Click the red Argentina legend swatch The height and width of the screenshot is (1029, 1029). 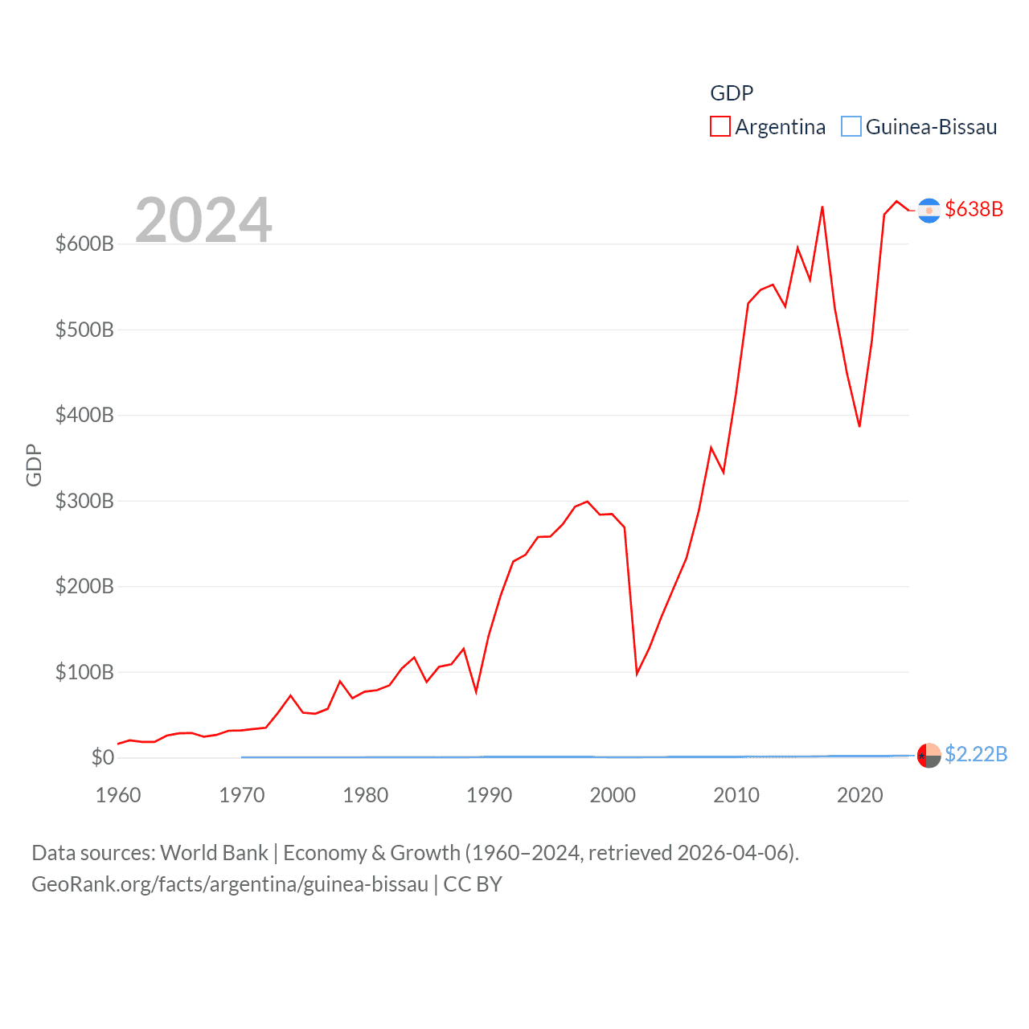(720, 127)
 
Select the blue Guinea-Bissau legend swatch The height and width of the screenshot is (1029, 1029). (851, 127)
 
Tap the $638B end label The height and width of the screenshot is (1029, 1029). (974, 209)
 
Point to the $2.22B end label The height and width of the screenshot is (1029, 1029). (975, 754)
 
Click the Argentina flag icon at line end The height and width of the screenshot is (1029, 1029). (929, 210)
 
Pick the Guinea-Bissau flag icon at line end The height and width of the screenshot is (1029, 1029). (929, 755)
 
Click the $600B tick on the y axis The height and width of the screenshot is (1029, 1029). (84, 244)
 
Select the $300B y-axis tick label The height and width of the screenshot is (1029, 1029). (84, 501)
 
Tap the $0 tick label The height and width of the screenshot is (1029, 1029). (103, 757)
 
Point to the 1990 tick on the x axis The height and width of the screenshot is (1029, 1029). (489, 795)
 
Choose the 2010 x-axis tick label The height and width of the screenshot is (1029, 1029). (736, 795)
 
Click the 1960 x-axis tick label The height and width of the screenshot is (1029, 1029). (118, 795)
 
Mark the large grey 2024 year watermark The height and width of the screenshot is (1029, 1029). (203, 220)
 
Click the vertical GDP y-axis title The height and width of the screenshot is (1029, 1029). (34, 465)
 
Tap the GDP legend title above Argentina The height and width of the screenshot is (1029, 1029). (732, 93)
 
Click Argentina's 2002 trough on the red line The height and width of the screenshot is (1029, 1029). (637, 673)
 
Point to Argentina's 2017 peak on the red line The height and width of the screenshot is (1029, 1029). (822, 207)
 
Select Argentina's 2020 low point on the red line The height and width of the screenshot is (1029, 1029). (859, 426)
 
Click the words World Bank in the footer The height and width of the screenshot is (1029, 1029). (214, 852)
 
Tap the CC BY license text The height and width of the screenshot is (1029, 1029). (473, 884)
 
